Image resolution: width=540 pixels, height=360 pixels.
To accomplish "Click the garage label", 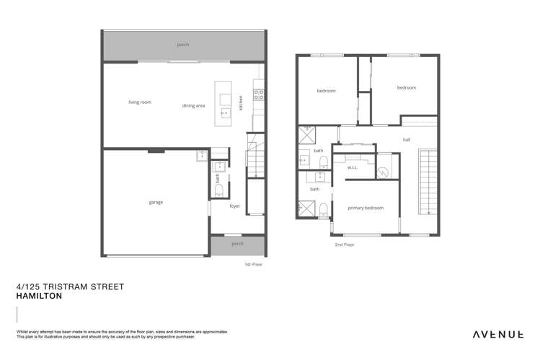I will [x=155, y=202].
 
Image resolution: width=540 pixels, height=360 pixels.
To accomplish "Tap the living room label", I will [x=139, y=102].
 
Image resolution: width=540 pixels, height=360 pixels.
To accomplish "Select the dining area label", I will [x=193, y=106].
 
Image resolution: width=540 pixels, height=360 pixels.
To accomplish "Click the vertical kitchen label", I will [x=242, y=102].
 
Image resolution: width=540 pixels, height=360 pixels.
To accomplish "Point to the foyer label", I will [x=234, y=206].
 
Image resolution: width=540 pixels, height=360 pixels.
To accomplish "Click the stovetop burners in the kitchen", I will [x=259, y=92].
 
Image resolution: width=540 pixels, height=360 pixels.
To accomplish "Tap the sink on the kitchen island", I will [x=223, y=112].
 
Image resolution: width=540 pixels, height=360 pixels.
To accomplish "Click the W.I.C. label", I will [x=353, y=168].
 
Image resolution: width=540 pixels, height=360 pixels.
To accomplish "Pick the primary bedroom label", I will [x=366, y=208].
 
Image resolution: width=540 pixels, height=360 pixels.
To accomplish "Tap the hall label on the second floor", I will [x=407, y=140].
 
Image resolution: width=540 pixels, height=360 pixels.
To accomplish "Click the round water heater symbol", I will [x=384, y=172].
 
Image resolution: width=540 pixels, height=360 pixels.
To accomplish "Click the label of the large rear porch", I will [x=183, y=45].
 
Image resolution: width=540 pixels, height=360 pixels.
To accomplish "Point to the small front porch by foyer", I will [x=236, y=244].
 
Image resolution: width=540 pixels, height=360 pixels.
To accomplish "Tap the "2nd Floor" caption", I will [x=345, y=245].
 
